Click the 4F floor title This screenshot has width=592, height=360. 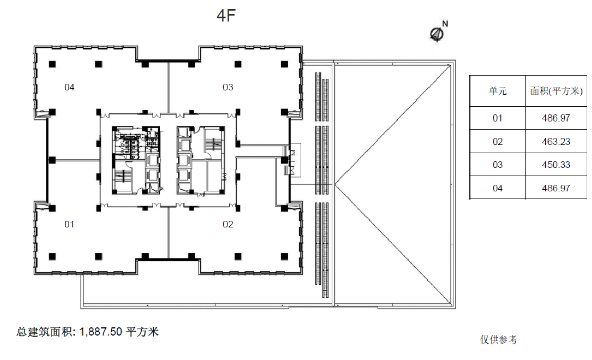point(226,15)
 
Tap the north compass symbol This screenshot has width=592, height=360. point(437,34)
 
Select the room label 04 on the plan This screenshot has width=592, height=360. point(69,87)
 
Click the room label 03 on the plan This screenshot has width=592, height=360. point(228,87)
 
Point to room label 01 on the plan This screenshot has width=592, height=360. point(69,225)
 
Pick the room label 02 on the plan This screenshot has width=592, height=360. point(228,225)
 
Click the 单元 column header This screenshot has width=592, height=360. point(498,91)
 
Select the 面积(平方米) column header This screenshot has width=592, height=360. point(556,91)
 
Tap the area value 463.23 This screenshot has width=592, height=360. point(556,142)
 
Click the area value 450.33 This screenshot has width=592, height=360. point(556,165)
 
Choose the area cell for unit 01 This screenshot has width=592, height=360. point(556,118)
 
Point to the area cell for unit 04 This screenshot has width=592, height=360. point(556,188)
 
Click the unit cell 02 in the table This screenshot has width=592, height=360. point(498,142)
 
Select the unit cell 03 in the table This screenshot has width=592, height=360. point(498,165)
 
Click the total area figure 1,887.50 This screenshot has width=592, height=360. point(101,332)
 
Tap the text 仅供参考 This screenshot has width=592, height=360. point(499,339)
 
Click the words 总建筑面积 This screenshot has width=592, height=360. point(46,332)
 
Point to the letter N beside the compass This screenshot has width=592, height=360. point(445,24)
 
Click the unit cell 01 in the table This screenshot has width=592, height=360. point(498,118)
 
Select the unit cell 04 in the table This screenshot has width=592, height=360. point(498,188)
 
